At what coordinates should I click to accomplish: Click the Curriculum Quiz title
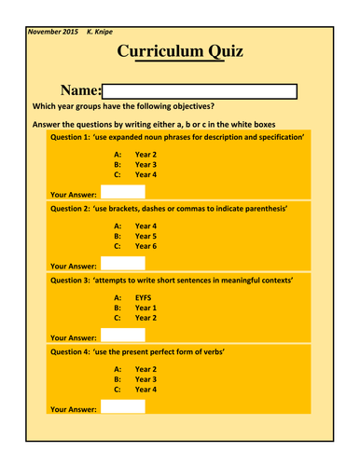(180, 53)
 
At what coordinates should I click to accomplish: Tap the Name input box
(200, 90)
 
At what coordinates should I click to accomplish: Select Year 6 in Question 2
(146, 247)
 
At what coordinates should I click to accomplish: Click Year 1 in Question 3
(146, 306)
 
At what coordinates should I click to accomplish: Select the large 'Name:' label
(79, 90)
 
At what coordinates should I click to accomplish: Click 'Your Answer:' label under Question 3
(74, 337)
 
